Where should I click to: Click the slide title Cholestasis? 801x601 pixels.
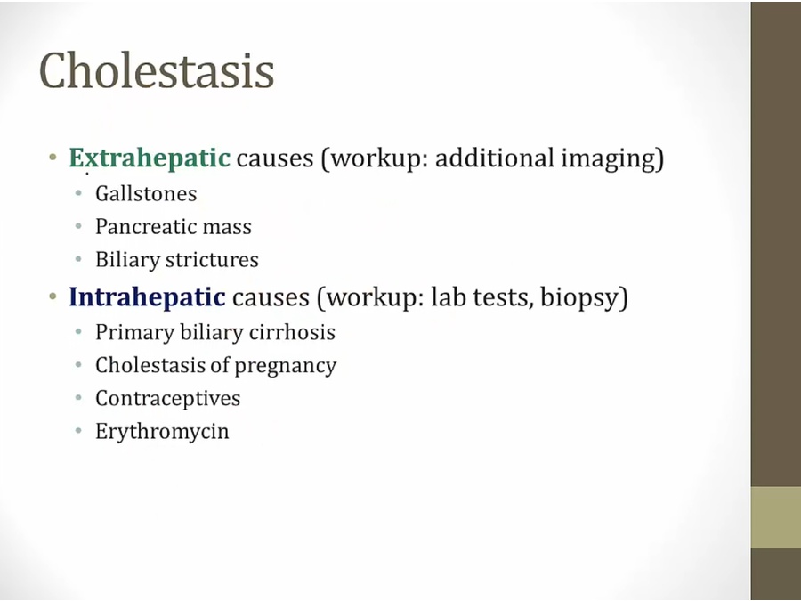coord(157,70)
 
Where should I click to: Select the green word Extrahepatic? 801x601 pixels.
coord(150,158)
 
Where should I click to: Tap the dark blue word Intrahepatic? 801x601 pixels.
coord(147,297)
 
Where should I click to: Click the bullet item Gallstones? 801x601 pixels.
coord(146,194)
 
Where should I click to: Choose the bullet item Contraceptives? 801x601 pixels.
coord(167,399)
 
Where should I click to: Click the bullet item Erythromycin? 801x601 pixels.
coord(163,432)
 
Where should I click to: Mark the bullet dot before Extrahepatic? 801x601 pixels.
coord(53,157)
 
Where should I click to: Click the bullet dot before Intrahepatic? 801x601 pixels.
coord(53,296)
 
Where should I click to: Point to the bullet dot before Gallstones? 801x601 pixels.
coord(78,193)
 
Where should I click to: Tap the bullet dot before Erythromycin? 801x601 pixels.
coord(78,431)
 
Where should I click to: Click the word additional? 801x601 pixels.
coord(495,158)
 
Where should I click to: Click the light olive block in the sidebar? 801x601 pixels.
coord(776,517)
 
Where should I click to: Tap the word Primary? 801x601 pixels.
coord(135,333)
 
